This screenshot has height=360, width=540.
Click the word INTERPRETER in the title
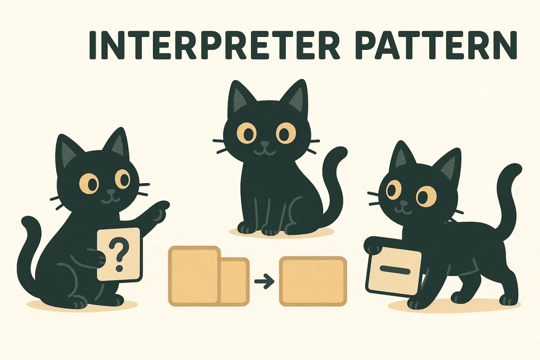pyautogui.click(x=211, y=45)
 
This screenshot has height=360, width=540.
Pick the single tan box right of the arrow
pyautogui.click(x=313, y=281)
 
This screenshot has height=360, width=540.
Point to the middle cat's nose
pyautogui.click(x=265, y=145)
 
